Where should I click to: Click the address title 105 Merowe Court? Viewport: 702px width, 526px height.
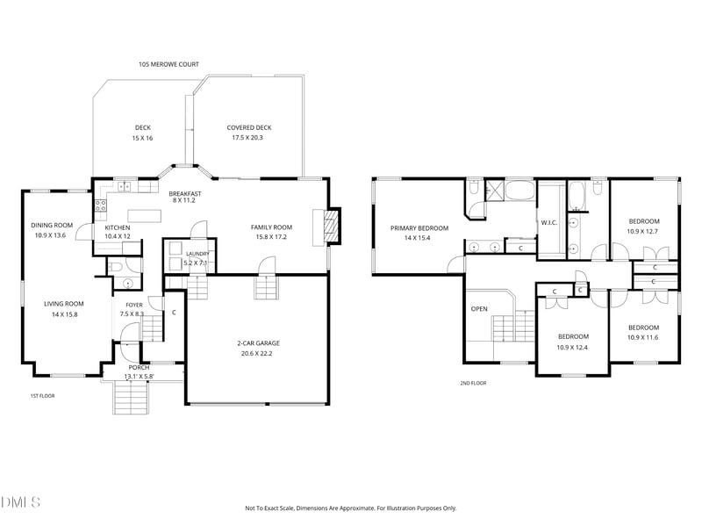168,64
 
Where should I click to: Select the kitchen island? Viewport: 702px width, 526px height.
144,216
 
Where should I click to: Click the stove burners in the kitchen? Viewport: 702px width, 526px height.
100,205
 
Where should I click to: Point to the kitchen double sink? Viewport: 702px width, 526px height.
124,186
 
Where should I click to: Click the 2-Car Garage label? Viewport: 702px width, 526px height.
258,343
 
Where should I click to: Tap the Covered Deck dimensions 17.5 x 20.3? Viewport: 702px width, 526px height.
247,138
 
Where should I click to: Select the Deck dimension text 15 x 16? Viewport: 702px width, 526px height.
142,138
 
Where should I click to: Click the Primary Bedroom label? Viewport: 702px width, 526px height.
419,228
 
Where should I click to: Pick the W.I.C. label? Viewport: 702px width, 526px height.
549,223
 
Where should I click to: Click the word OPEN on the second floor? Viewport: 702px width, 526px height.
479,309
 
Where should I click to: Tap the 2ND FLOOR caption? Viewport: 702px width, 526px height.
473,383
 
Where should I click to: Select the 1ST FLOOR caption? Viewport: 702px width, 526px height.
42,396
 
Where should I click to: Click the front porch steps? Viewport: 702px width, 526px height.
130,398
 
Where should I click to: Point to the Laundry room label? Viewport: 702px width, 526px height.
197,254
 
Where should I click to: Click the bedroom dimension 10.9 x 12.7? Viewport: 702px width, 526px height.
642,232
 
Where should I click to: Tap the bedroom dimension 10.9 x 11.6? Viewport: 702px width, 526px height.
643,337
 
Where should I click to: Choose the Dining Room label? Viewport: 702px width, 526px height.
52,226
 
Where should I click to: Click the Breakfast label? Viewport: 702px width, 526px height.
185,193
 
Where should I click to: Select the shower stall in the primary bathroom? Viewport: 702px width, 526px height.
495,190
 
